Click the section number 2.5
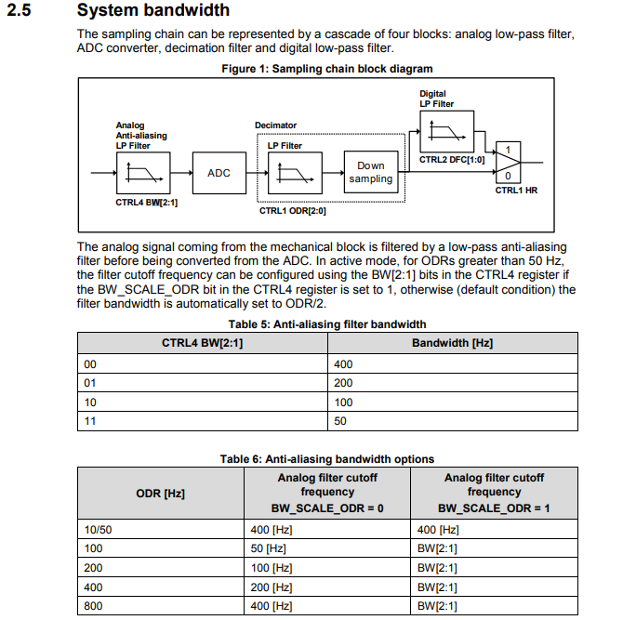tap(22, 11)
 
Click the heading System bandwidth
tap(153, 11)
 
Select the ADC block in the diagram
tap(219, 173)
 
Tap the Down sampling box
tap(371, 172)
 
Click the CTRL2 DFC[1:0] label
tap(450, 160)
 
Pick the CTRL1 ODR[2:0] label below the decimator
tap(292, 211)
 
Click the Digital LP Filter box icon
tap(449, 132)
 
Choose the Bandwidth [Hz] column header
tap(452, 343)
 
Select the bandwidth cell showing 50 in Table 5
tap(342, 421)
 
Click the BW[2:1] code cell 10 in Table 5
tap(90, 402)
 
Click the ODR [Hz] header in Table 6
tap(160, 493)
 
